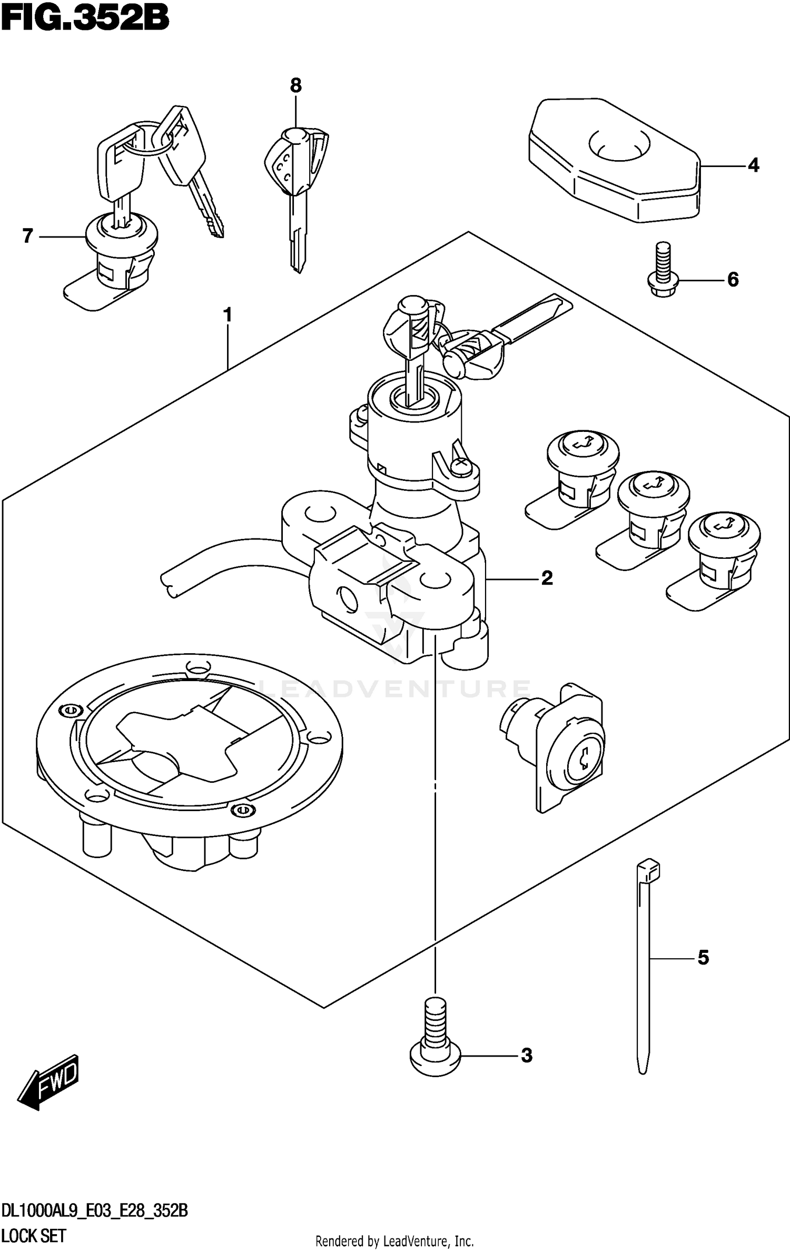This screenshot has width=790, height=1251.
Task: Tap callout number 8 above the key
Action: (x=296, y=85)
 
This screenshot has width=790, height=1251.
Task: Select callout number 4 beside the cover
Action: (x=754, y=165)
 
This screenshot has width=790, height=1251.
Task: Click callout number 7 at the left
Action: (x=28, y=236)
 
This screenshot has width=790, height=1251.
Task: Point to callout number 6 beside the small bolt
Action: (x=733, y=279)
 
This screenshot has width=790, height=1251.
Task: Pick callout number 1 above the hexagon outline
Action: (x=228, y=315)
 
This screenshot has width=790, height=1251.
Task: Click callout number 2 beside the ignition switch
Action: (x=547, y=578)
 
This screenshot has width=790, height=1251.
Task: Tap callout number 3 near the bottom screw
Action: (x=527, y=1056)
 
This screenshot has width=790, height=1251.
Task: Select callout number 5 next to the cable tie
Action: (x=704, y=958)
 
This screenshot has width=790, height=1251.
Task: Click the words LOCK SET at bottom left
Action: (x=34, y=1236)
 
